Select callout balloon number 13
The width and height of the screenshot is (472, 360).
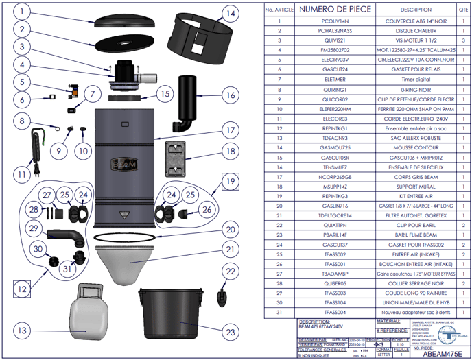(24, 331)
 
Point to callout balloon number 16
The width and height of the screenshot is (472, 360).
(231, 95)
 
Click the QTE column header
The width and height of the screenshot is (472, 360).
(463, 10)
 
